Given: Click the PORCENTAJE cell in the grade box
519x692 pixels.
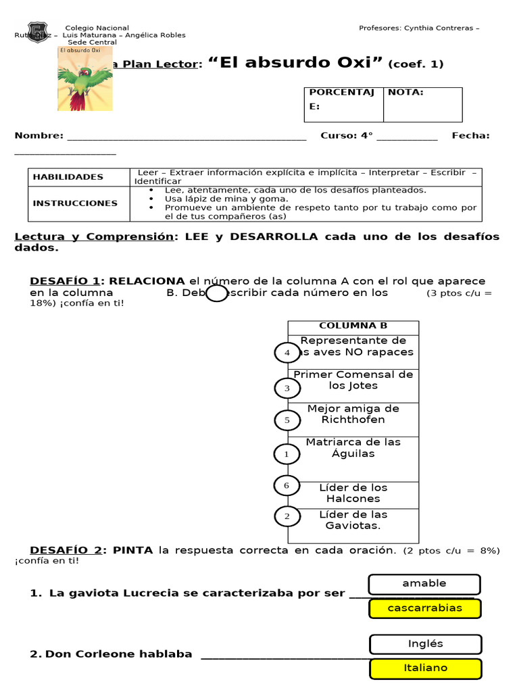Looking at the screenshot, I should [343, 104].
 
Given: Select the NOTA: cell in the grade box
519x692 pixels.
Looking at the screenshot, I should [422, 104].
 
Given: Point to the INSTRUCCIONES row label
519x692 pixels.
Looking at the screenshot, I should [75, 203].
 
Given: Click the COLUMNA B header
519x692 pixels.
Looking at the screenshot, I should [353, 326].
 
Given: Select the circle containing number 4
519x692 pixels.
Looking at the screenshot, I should [287, 353].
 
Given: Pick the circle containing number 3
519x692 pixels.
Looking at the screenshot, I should [287, 388].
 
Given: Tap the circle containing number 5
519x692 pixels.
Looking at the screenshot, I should [287, 420].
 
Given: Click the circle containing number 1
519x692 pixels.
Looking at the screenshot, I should [287, 454].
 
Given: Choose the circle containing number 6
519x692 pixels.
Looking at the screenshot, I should [287, 486].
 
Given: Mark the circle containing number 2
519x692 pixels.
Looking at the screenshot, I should [287, 517].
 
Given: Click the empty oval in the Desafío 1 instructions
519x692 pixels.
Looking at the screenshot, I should [216, 293].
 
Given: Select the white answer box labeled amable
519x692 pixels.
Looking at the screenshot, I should [424, 584].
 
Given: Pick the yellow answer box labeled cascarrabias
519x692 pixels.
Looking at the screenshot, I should [424, 608].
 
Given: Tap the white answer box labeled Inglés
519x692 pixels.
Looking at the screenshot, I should [425, 644].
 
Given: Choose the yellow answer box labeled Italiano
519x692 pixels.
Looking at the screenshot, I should [425, 668].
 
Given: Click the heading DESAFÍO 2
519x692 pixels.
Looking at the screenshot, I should [66, 550].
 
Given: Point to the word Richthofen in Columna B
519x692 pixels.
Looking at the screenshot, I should [353, 420].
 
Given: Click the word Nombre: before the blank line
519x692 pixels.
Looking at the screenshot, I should [39, 136].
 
